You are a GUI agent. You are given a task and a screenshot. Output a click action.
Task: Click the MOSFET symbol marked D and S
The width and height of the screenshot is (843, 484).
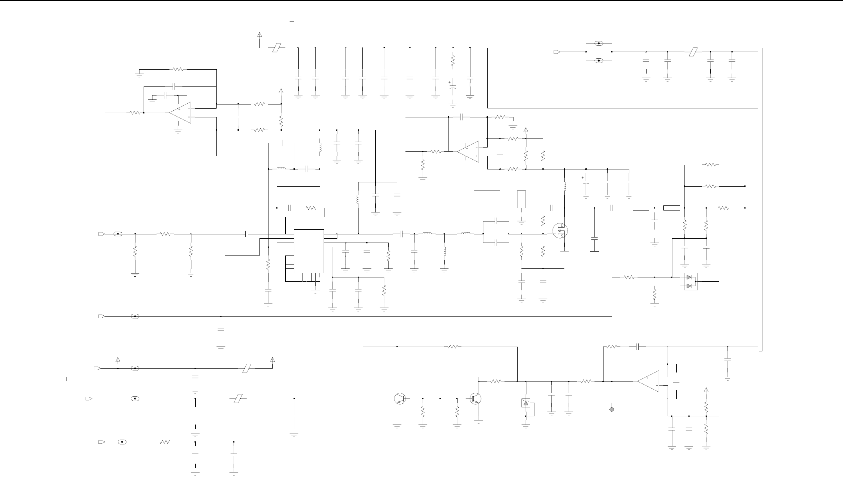click(x=560, y=230)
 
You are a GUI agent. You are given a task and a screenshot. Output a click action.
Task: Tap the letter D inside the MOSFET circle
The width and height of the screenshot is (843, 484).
click(x=562, y=226)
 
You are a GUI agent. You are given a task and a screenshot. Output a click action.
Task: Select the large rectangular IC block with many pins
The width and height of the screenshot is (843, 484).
click(x=309, y=251)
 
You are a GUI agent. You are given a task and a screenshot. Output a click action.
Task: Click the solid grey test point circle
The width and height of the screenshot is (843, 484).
click(x=611, y=409)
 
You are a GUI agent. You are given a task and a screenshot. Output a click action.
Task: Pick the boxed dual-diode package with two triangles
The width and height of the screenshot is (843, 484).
click(x=691, y=282)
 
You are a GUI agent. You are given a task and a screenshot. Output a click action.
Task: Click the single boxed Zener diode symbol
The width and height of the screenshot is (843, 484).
click(x=526, y=403)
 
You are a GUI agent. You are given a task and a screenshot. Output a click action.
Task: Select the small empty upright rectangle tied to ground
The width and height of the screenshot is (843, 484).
click(x=521, y=200)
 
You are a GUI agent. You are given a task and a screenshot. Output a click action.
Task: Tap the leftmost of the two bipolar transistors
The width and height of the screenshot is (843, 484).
click(x=400, y=399)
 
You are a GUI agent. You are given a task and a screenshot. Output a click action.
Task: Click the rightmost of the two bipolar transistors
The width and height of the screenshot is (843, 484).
click(x=476, y=399)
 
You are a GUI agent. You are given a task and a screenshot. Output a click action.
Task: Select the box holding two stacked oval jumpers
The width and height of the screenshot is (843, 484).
click(x=598, y=52)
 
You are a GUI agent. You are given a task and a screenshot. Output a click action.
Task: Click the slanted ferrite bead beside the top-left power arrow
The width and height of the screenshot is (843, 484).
click(x=276, y=48)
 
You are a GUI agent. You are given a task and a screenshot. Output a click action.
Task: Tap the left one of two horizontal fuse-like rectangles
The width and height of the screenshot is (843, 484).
click(x=641, y=208)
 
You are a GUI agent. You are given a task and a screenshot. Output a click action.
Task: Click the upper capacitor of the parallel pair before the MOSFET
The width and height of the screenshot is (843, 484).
click(x=496, y=221)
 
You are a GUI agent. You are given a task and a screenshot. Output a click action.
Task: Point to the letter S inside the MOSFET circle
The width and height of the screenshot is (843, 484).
click(x=562, y=236)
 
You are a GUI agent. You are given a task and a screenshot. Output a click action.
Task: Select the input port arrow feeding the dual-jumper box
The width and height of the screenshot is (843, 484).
click(x=557, y=52)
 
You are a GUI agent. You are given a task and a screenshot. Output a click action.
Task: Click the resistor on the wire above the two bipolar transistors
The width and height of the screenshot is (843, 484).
click(x=453, y=347)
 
